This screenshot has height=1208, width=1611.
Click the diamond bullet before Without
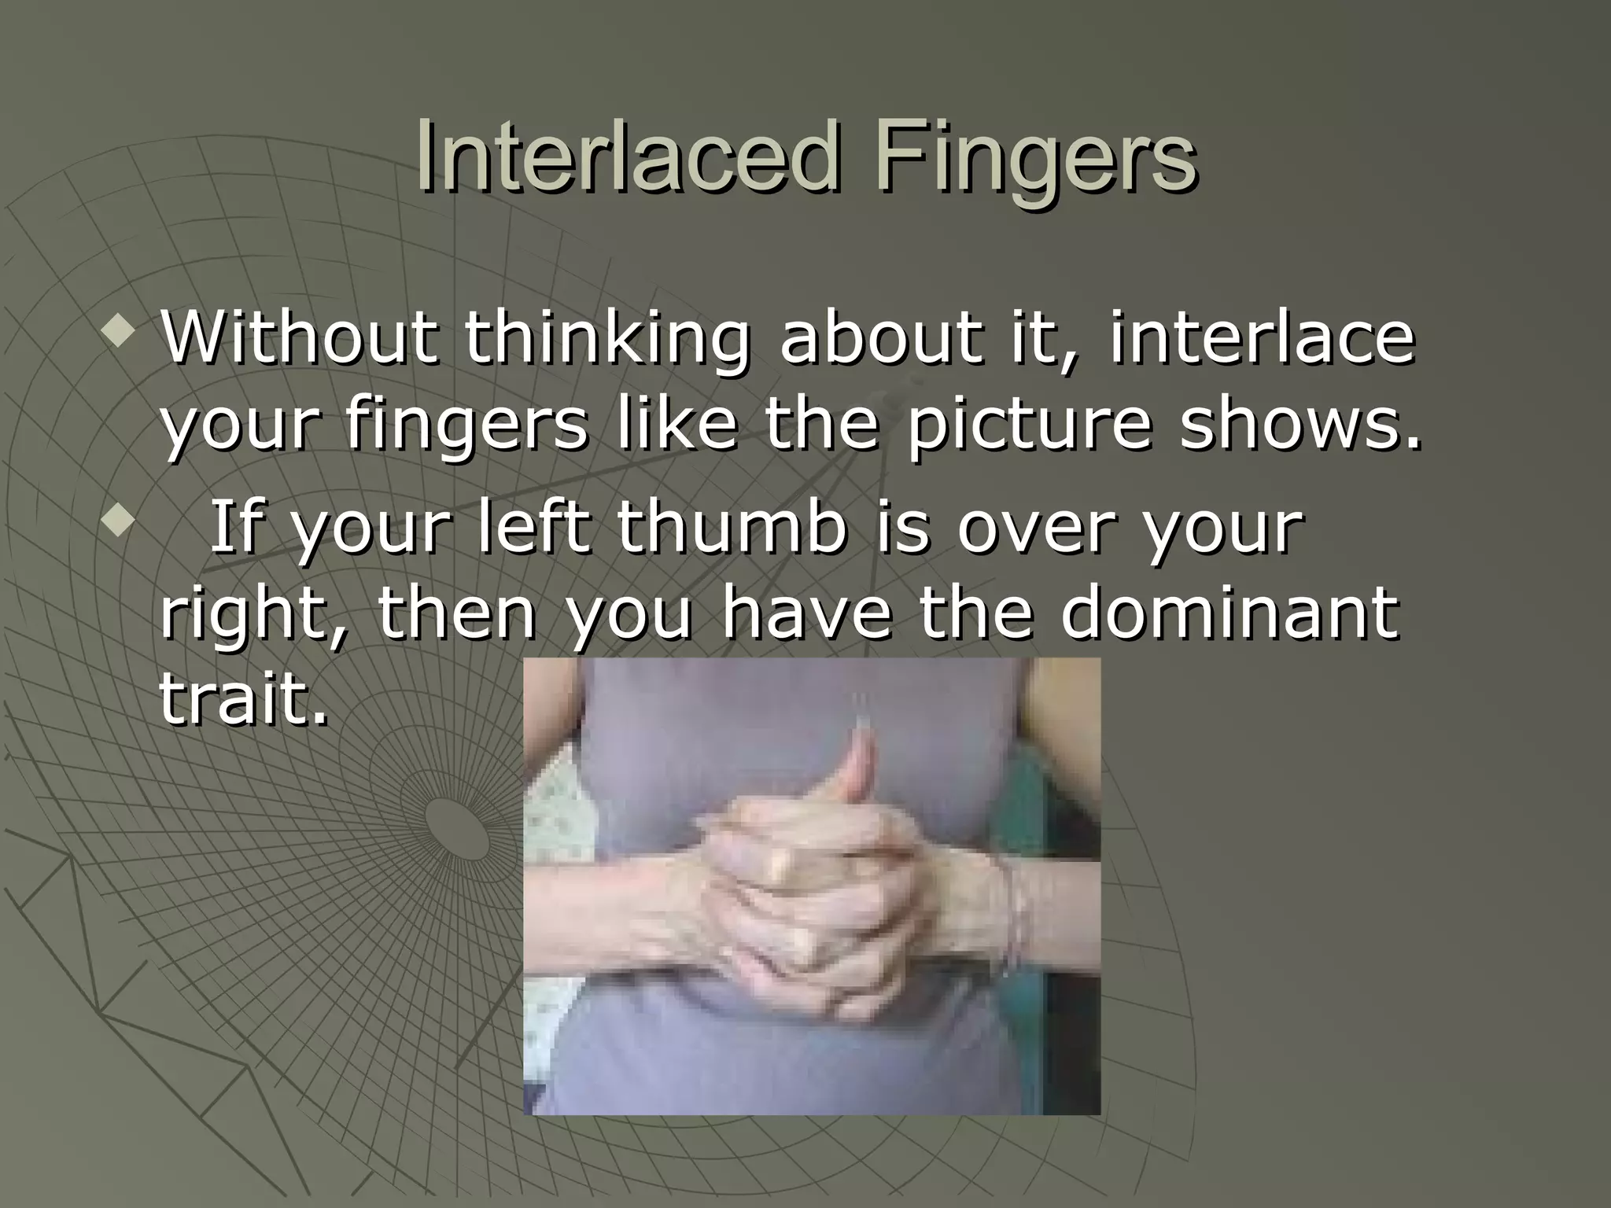118,333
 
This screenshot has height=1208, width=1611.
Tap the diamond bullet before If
118,521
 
